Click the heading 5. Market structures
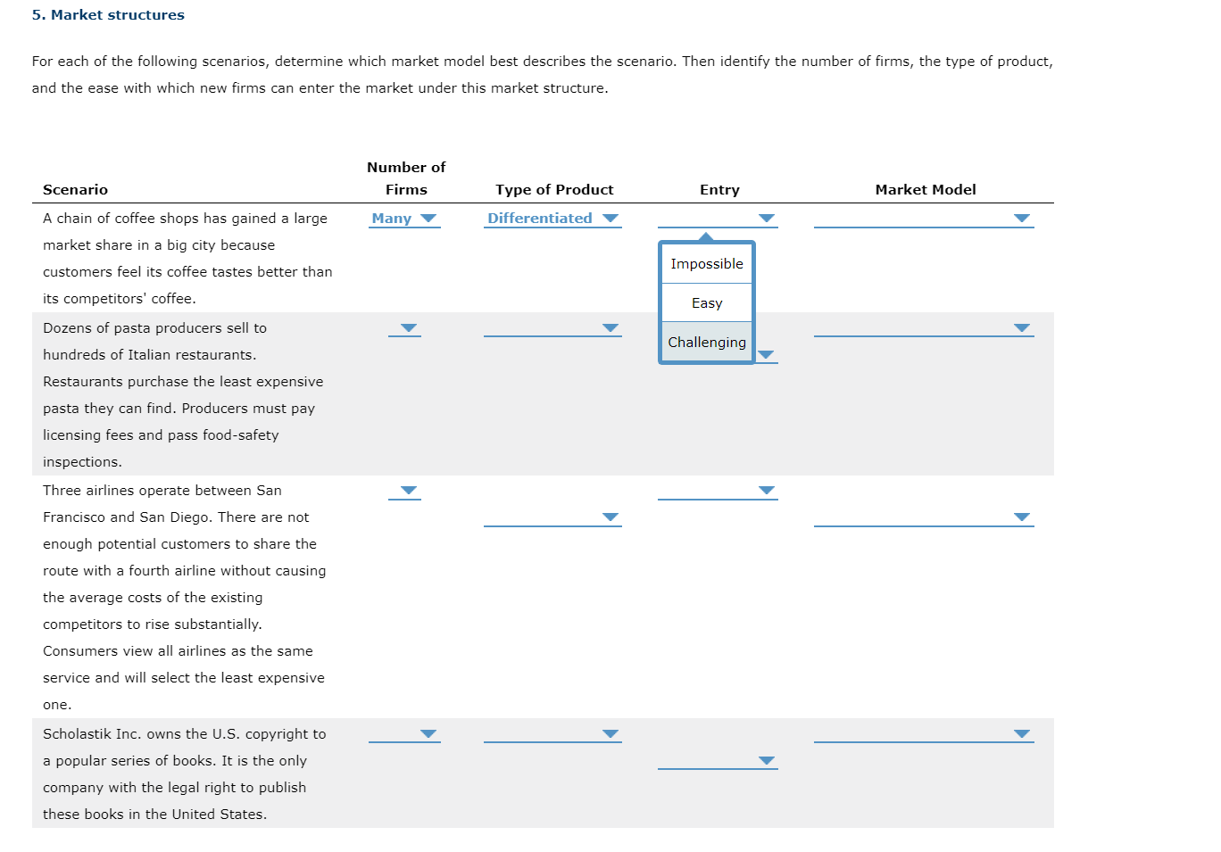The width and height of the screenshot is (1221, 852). point(108,15)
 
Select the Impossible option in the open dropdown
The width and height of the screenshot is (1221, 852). point(706,264)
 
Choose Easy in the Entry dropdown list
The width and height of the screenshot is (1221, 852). point(706,303)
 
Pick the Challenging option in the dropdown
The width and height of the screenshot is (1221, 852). point(706,343)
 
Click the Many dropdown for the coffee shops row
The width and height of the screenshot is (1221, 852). point(404,219)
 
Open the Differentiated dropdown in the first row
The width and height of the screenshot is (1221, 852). point(552,219)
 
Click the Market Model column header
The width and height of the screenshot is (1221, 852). point(925,190)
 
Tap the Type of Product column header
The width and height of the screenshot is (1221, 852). point(554,190)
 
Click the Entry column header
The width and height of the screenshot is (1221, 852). point(719,190)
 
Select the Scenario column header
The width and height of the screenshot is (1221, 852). point(75,190)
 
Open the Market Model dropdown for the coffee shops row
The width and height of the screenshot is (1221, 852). point(923,219)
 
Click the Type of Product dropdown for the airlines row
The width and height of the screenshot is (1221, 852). point(552,517)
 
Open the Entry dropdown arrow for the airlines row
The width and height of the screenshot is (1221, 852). point(765,491)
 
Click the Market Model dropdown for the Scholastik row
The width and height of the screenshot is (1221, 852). point(923,734)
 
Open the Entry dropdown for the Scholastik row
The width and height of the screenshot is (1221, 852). point(718,761)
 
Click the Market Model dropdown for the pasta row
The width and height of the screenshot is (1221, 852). point(923,328)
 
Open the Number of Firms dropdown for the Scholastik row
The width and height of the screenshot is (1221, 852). point(404,734)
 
